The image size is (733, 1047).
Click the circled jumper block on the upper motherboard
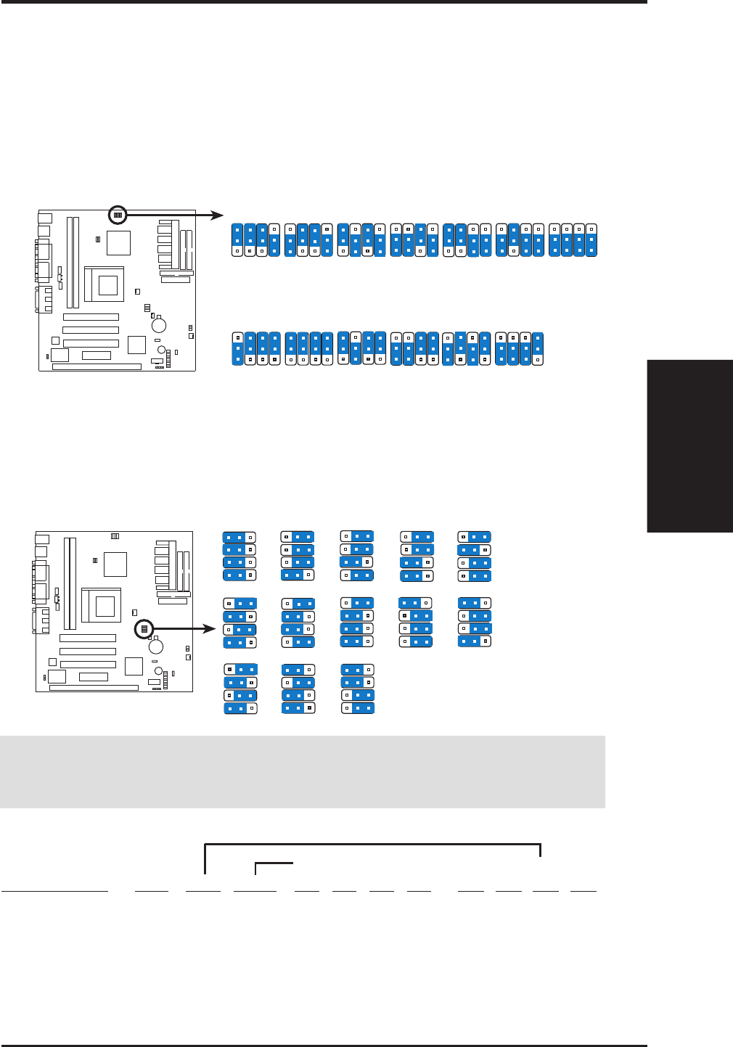pyautogui.click(x=118, y=215)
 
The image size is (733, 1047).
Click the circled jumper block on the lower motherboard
pyautogui.click(x=144, y=629)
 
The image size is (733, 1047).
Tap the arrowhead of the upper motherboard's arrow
pyautogui.click(x=218, y=215)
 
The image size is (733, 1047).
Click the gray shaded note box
pyautogui.click(x=303, y=772)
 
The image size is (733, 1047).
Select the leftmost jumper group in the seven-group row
pyautogui.click(x=255, y=240)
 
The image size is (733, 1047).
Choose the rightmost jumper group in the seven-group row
pyautogui.click(x=573, y=240)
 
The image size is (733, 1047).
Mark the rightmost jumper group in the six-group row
pyautogui.click(x=520, y=348)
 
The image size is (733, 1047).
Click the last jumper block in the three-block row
pyautogui.click(x=358, y=689)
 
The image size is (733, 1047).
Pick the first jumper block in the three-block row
pyautogui.click(x=240, y=689)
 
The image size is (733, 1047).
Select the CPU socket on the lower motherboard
pyautogui.click(x=102, y=606)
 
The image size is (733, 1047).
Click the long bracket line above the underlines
pyautogui.click(x=372, y=845)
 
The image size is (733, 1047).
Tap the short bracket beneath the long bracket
pyautogui.click(x=274, y=863)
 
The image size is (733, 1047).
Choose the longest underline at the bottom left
pyautogui.click(x=54, y=890)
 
